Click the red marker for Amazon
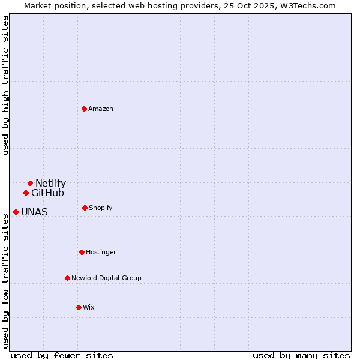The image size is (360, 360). tap(85, 109)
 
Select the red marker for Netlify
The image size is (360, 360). tap(30, 183)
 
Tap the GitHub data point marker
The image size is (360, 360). tap(26, 193)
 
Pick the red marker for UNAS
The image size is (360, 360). tap(16, 212)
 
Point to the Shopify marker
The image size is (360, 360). tap(85, 208)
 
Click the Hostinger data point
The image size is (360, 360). tap(82, 252)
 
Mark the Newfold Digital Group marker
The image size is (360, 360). tap(67, 278)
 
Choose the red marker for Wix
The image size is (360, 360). tap(79, 307)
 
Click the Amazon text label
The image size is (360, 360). tap(101, 109)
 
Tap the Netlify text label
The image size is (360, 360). tap(50, 183)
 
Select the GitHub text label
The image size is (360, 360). tap(47, 193)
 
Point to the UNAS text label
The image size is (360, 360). tap(34, 212)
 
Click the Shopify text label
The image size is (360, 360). tap(101, 208)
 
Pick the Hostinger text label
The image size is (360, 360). tap(101, 252)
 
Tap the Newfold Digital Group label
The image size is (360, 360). tap(106, 278)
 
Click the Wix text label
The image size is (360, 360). tap(89, 307)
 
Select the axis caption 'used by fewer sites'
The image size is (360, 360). tap(62, 355)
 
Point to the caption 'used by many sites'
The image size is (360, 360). tap(301, 355)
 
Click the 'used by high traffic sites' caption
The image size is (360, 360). tap(5, 85)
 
